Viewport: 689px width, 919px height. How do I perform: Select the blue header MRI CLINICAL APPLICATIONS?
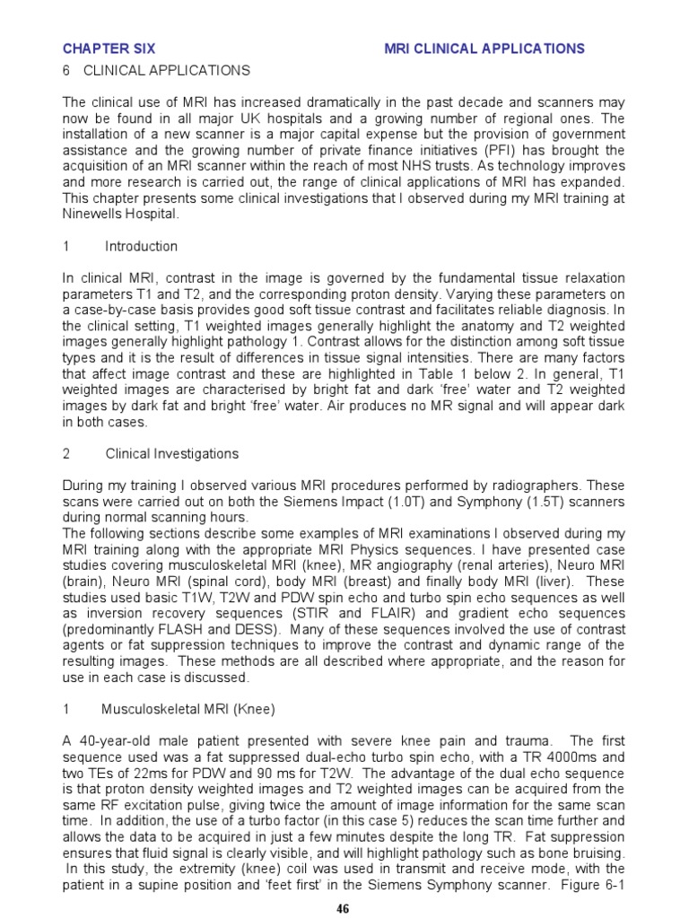pos(484,48)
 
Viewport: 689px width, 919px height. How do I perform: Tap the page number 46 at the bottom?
pos(344,907)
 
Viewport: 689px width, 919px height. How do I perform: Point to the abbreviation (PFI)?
pos(503,151)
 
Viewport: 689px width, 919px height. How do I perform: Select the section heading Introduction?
pos(141,247)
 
